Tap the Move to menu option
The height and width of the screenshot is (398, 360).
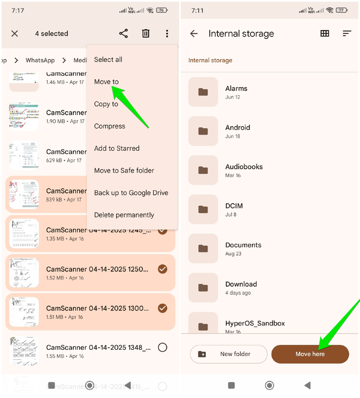[106, 82]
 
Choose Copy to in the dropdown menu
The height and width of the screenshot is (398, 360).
[106, 104]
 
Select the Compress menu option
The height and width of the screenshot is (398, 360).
[110, 126]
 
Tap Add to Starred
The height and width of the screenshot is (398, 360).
[117, 149]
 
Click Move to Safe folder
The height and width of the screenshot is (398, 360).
[124, 170]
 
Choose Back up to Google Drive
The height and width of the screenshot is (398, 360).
[131, 193]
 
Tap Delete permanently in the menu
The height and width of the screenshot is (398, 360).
[124, 215]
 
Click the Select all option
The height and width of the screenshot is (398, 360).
[108, 59]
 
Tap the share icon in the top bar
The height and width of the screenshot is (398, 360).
[124, 33]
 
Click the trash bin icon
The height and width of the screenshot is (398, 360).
[146, 33]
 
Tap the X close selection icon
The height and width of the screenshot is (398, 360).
[15, 33]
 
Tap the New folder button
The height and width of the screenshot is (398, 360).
[229, 354]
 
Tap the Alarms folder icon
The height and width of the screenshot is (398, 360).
[203, 92]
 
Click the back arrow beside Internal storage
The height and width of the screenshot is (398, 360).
[194, 33]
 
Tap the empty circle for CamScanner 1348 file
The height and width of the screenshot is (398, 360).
[163, 347]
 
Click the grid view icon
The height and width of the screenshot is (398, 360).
[325, 33]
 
